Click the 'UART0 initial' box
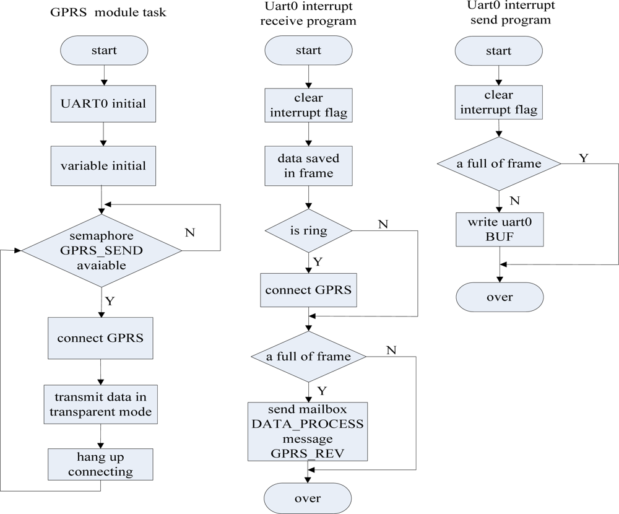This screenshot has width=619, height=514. [x=103, y=104]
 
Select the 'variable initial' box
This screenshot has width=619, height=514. [x=103, y=166]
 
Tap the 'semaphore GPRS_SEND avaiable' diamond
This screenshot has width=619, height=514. [x=102, y=251]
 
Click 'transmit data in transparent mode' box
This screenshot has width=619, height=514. [x=100, y=404]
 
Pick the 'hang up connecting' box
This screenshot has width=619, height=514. [x=100, y=464]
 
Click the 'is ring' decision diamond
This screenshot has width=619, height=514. [x=308, y=231]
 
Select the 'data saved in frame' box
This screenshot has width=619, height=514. [x=308, y=166]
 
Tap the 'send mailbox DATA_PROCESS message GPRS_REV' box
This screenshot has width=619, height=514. [x=308, y=432]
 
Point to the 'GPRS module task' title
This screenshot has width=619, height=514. [x=108, y=13]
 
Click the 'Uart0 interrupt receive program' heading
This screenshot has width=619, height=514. [x=308, y=14]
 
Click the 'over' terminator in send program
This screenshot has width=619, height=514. [x=499, y=297]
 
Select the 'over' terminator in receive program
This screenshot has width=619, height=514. [x=308, y=499]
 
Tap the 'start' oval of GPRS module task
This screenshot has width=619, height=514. [x=103, y=51]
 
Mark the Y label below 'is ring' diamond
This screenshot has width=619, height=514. [x=318, y=262]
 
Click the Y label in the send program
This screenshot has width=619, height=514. [x=582, y=158]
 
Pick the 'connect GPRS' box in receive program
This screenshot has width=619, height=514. [x=308, y=290]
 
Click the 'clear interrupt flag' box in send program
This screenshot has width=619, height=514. [x=499, y=103]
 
